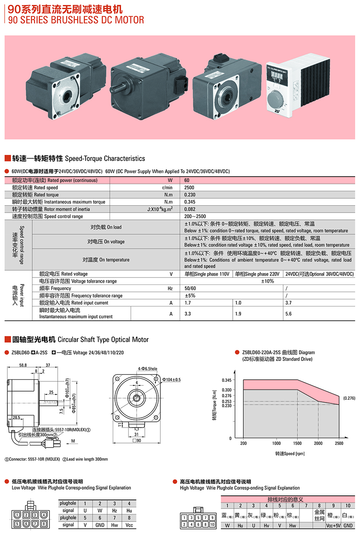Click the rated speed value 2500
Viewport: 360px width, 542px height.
click(189, 188)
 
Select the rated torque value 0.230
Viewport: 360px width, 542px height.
click(190, 195)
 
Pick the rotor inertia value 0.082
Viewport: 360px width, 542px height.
click(190, 209)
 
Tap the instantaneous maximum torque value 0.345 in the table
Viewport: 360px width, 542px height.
click(190, 202)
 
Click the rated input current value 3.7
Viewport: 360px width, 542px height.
click(288, 303)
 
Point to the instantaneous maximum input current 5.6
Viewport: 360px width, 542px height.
click(288, 314)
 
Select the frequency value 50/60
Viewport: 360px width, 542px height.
click(190, 289)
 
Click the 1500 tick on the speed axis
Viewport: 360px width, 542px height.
click(297, 443)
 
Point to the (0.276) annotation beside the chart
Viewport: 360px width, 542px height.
click(349, 398)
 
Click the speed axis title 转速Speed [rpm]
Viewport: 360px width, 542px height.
click(290, 454)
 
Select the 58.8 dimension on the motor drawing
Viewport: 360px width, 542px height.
click(23, 365)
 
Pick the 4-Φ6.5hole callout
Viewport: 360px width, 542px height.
click(147, 369)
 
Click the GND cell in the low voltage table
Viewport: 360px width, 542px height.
click(100, 524)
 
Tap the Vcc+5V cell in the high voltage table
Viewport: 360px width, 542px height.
click(333, 526)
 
